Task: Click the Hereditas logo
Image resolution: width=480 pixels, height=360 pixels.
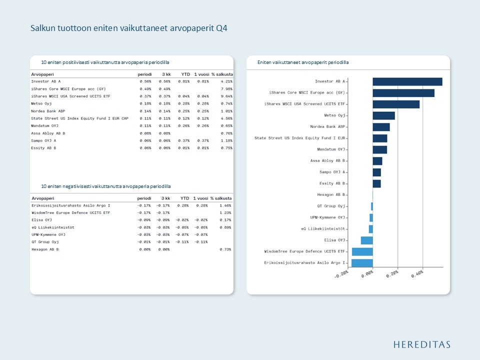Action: pos(421,344)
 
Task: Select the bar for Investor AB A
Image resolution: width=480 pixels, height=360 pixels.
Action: pos(407,81)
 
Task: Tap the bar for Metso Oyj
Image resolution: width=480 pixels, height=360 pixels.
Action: pos(383,115)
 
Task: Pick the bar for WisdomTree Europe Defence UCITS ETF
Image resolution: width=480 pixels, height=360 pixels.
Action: pos(362,251)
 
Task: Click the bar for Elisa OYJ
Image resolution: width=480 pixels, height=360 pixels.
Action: pos(366,240)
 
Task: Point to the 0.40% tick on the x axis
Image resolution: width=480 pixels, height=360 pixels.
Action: pos(417,273)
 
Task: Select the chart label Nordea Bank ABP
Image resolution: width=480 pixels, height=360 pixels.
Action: pos(327,127)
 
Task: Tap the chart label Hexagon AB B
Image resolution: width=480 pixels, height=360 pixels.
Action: pos(331,194)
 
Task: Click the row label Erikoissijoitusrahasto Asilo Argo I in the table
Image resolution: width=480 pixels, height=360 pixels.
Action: pos(70,205)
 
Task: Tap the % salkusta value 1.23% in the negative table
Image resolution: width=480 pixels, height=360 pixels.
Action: pos(225,212)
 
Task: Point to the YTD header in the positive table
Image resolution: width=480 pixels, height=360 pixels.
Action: pos(185,74)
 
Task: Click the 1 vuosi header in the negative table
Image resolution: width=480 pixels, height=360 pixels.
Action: pos(200,198)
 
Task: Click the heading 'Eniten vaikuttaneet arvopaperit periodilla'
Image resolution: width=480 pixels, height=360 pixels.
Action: pos(303,62)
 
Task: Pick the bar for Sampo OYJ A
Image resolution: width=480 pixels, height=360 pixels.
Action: pos(376,172)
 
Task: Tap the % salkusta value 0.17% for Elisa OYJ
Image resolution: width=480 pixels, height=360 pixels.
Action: pos(225,220)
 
